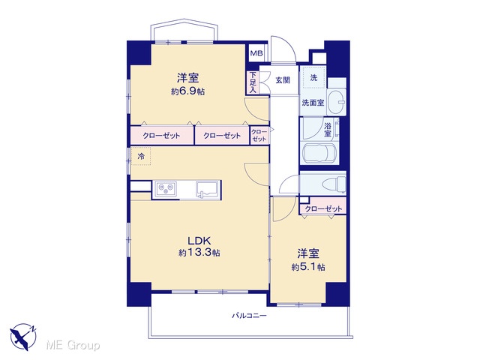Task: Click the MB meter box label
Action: tap(256, 53)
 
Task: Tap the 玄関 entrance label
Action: tap(283, 80)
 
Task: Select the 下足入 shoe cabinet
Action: tap(253, 82)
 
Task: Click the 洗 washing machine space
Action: tap(313, 78)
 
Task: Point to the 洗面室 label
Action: tap(313, 103)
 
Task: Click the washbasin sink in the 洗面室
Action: tap(337, 102)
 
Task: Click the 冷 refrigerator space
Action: tap(141, 157)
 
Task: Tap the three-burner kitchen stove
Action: tap(166, 188)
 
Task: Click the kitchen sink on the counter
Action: tap(207, 190)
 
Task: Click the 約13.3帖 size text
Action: tap(199, 253)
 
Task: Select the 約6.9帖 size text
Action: tap(188, 91)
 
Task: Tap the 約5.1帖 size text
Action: tap(308, 267)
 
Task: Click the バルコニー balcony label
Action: tap(249, 316)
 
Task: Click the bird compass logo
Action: tap(23, 337)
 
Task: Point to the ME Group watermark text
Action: tap(73, 346)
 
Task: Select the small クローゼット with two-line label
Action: tap(259, 135)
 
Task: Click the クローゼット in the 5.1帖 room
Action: tap(323, 208)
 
